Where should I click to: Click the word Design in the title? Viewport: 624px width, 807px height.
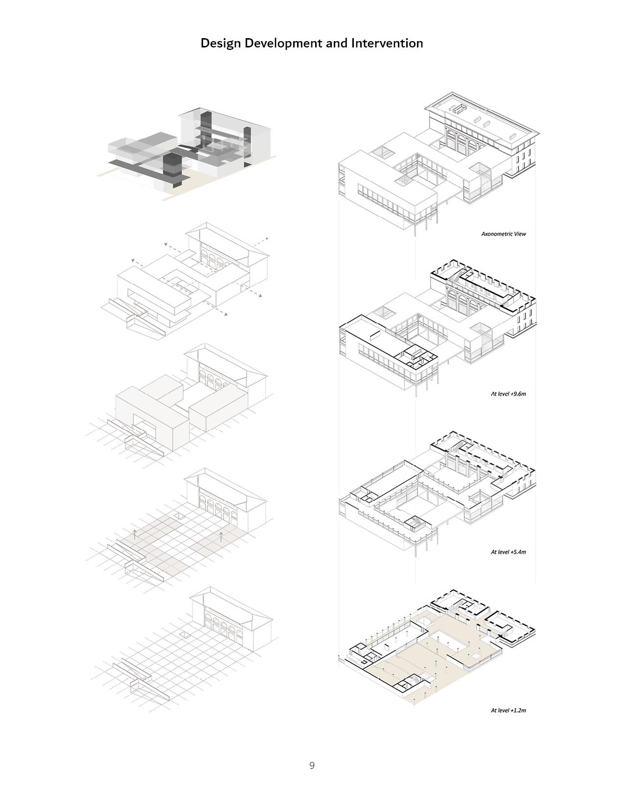221,44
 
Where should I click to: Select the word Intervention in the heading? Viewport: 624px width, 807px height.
387,44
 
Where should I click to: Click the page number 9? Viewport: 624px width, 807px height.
312,765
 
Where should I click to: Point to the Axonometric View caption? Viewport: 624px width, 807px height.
503,234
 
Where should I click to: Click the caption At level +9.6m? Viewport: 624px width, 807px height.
508,393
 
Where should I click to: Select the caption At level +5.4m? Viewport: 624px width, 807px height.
508,552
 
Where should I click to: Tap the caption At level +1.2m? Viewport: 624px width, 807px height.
508,710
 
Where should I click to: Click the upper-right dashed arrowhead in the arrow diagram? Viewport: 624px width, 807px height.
267,238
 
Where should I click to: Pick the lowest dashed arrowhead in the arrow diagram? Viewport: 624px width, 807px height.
226,314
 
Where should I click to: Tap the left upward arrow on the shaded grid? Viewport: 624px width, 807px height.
136,533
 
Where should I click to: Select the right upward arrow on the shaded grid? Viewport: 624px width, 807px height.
221,536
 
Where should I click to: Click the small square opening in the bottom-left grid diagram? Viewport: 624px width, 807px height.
185,634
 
